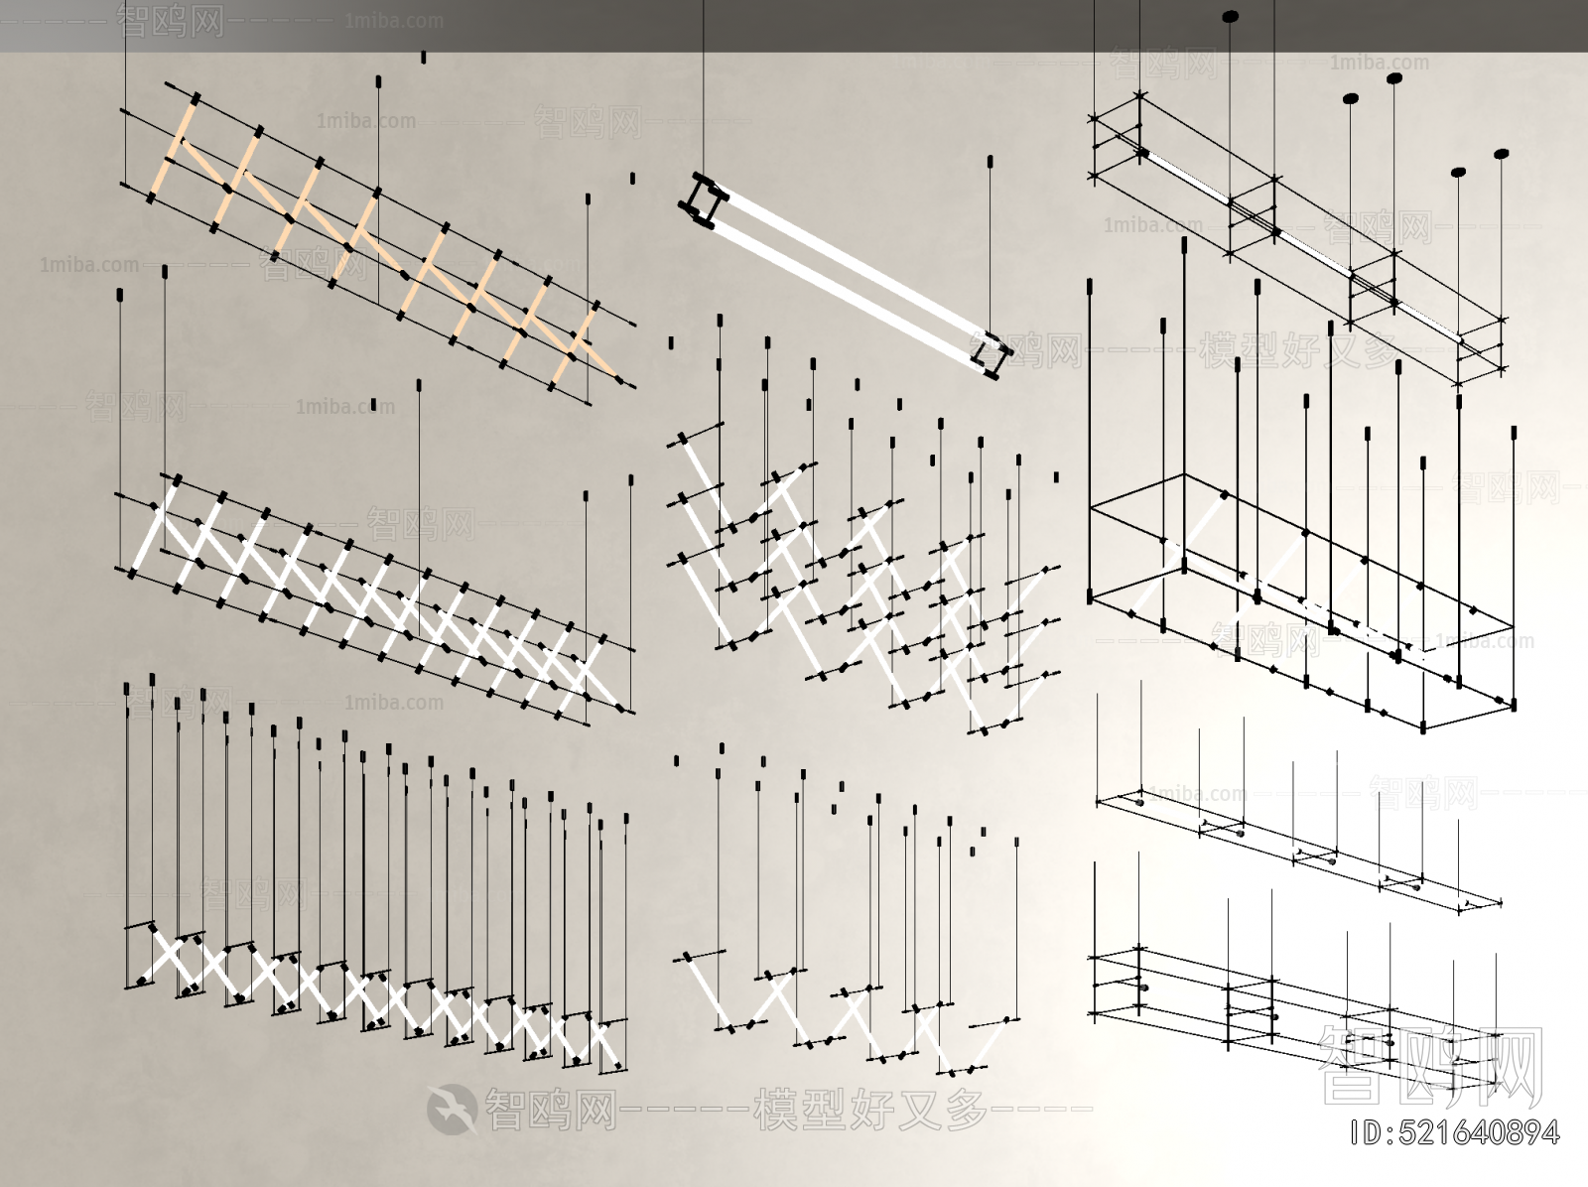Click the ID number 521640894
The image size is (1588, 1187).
pos(1456,1133)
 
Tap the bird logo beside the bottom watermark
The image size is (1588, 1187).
pos(452,1109)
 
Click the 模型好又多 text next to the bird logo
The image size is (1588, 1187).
pos(870,1109)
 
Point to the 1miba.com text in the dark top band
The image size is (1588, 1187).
pos(394,21)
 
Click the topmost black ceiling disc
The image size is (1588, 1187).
pos(1230,16)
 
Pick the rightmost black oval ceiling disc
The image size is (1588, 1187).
pos(1502,154)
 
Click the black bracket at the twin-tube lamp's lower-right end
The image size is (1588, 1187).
pos(992,354)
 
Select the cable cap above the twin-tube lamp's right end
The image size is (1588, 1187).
pos(990,162)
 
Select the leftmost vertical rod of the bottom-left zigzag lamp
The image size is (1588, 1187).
pos(127,834)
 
